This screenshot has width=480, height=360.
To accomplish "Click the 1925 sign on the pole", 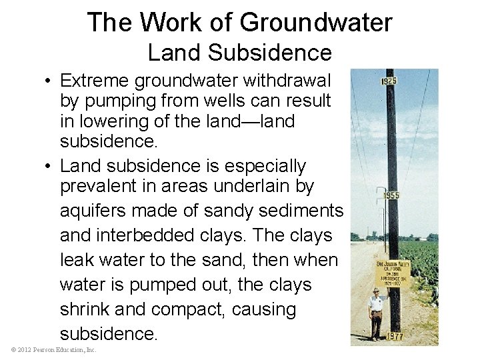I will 389,81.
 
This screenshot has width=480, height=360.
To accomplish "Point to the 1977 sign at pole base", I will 395,336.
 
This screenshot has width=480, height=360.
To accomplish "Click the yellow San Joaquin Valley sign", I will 393,273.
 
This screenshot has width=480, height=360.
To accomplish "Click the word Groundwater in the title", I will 316,23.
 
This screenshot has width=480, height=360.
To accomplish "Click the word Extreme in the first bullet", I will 94,81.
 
